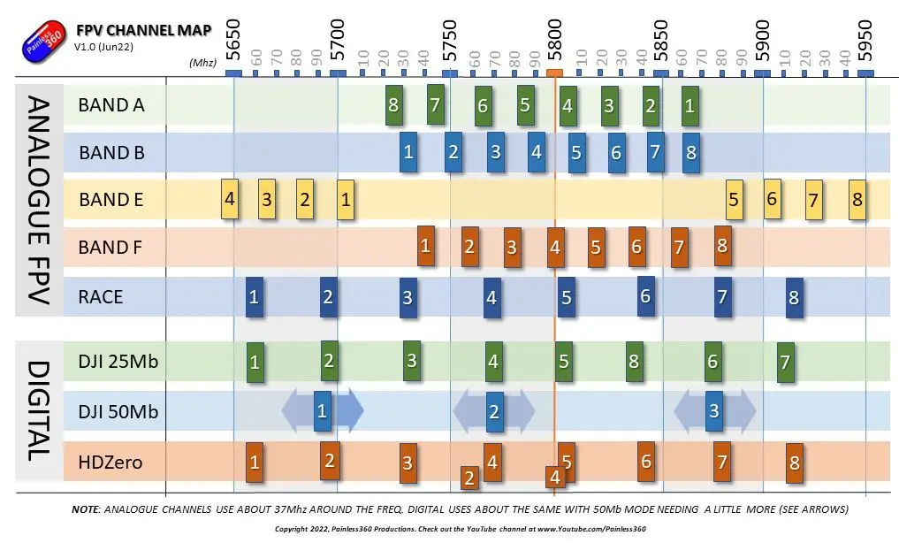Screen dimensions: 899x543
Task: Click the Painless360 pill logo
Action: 43,39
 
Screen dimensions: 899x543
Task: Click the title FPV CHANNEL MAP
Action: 143,30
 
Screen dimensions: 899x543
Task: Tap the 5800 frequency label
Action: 554,40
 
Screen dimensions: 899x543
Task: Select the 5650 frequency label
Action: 232,40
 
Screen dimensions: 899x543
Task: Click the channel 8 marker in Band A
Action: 393,105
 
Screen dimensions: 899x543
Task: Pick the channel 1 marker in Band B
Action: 408,152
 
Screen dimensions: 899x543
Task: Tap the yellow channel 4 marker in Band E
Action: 230,199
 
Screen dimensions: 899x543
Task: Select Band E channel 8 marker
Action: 857,200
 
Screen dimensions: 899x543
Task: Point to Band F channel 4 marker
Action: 555,247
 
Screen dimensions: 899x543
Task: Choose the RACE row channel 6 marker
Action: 645,296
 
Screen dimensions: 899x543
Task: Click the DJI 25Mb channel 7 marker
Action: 786,363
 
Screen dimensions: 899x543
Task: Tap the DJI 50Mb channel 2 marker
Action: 494,412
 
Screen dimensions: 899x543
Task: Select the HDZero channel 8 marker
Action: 794,463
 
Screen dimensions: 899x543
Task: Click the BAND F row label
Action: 110,247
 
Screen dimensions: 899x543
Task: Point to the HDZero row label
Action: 110,463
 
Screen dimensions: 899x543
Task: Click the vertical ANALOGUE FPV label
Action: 39,200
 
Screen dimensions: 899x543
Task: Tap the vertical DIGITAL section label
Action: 39,411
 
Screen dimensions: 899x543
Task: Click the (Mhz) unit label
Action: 203,63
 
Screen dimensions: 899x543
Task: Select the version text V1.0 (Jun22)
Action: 103,47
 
